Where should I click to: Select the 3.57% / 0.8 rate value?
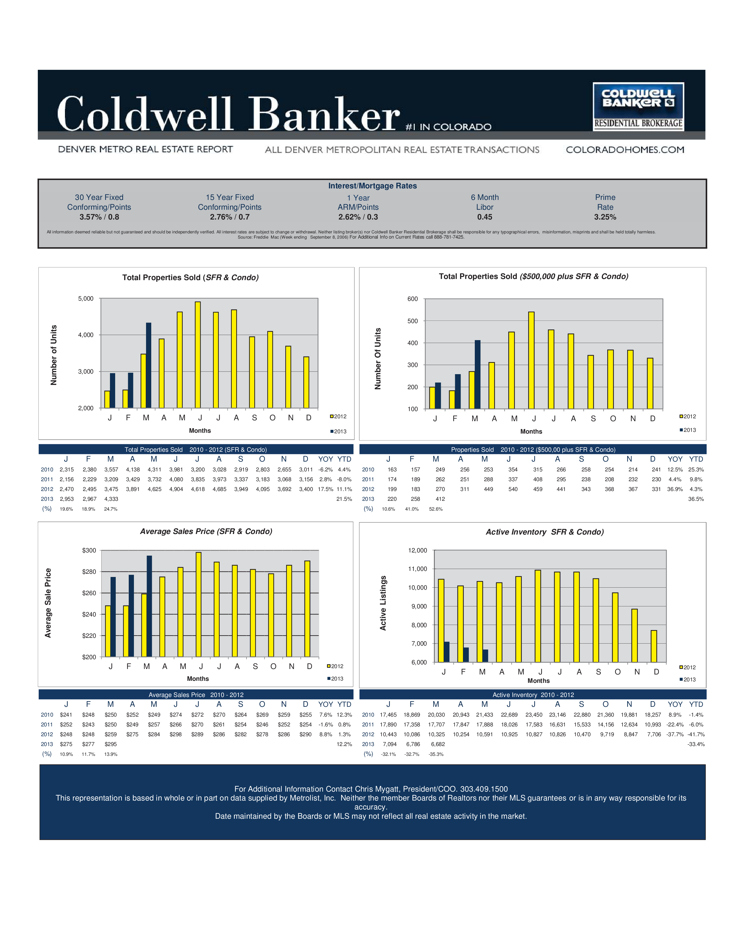(99, 217)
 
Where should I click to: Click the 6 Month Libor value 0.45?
(484, 217)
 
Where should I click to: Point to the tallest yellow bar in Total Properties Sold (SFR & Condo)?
(197, 354)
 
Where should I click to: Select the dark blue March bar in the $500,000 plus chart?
(477, 374)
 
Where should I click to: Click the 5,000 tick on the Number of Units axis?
(85, 299)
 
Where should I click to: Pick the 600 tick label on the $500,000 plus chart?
(412, 299)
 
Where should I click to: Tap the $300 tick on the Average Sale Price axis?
(89, 550)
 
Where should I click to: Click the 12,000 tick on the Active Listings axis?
(417, 550)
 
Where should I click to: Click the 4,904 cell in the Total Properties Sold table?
(176, 489)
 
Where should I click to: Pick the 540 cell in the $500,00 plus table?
(513, 489)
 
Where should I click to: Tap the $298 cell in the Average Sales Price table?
(176, 734)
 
